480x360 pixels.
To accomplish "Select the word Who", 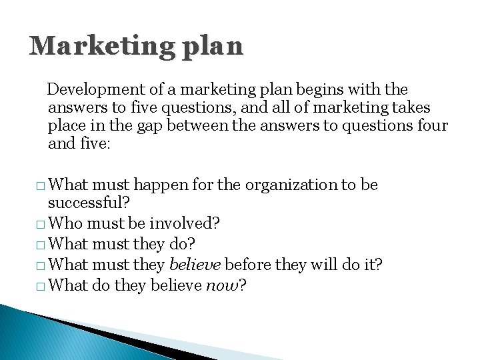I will (65, 222).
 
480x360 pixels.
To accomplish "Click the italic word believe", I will (195, 265).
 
